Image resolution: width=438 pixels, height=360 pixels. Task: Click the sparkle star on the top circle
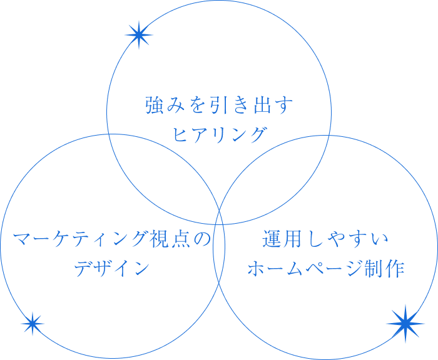point(138,35)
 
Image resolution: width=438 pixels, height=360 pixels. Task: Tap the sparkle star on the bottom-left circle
point(32,323)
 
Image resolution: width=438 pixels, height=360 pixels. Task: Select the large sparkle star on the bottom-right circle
point(405,323)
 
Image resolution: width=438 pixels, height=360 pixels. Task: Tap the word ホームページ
point(304,269)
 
